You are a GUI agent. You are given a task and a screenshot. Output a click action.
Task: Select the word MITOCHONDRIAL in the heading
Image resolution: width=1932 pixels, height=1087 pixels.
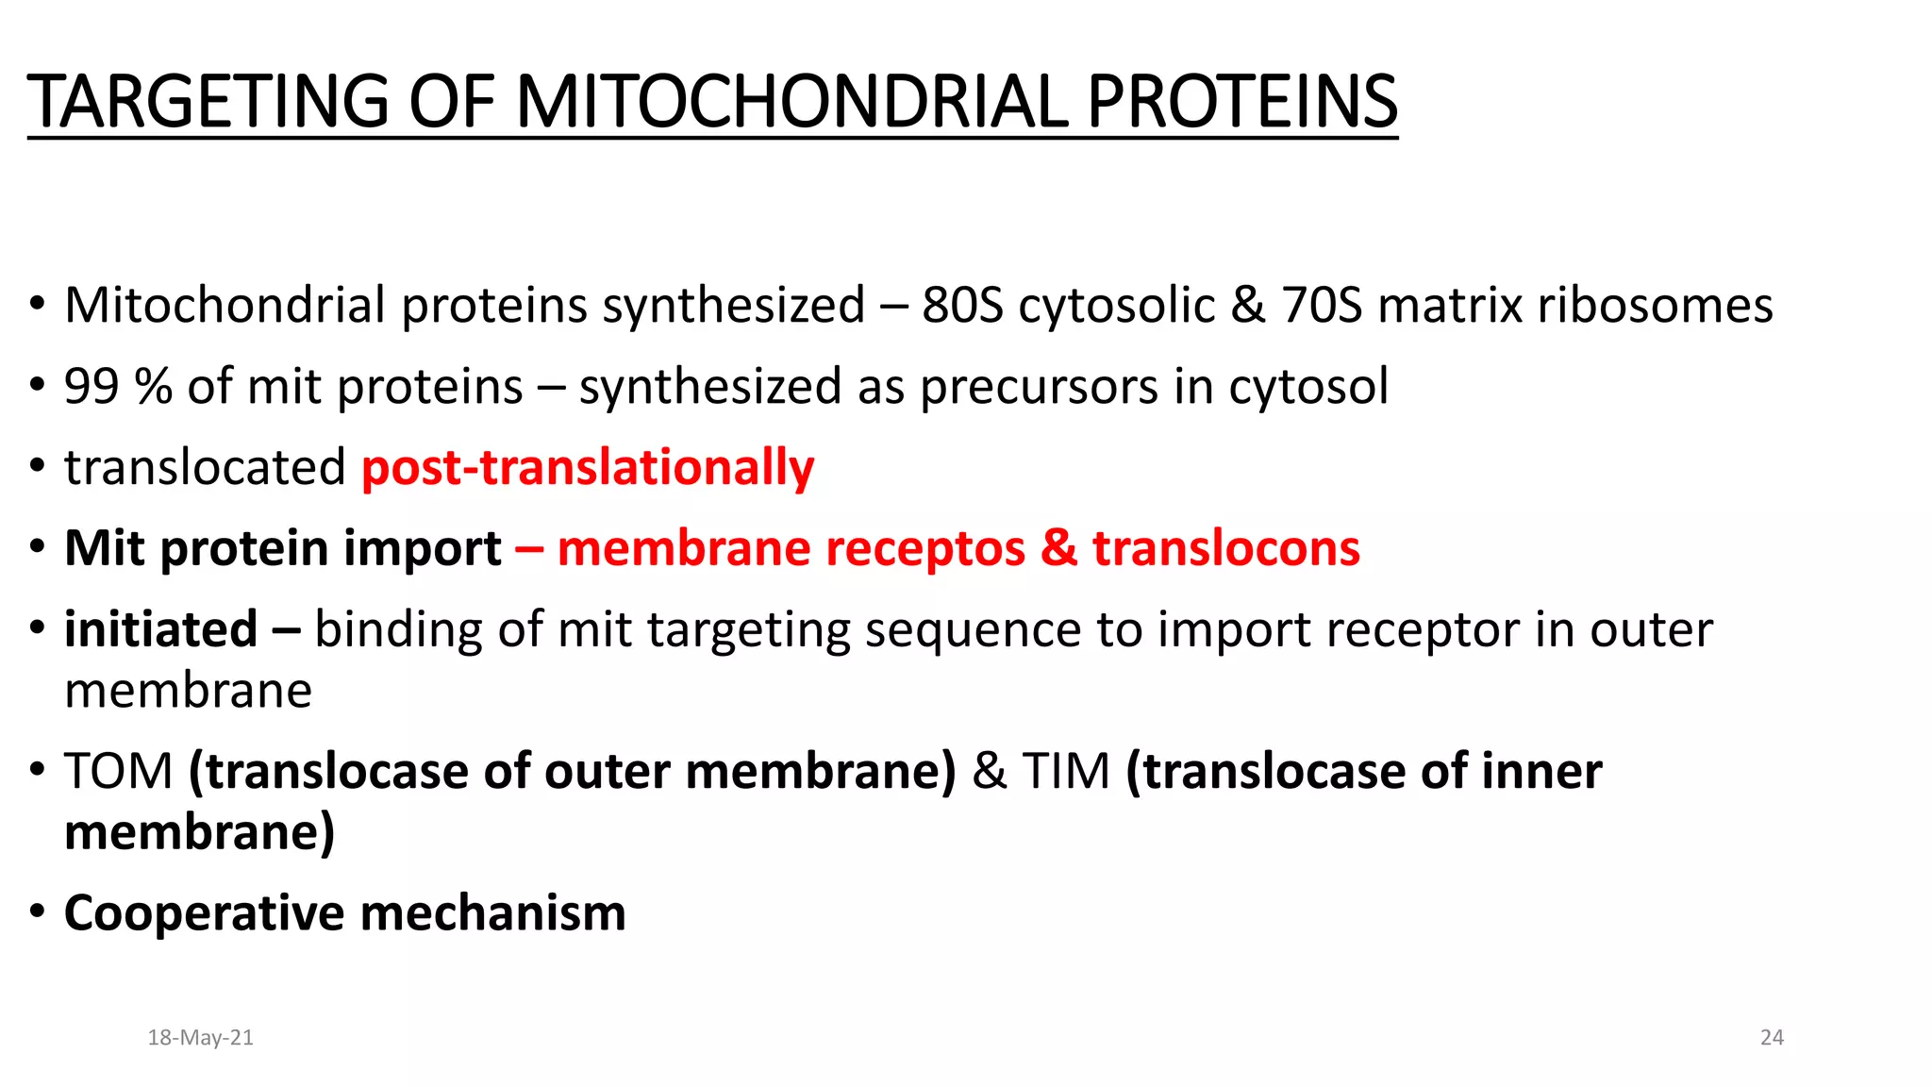point(792,102)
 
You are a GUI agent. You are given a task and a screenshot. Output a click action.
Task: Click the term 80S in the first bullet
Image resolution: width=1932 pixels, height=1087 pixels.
point(962,306)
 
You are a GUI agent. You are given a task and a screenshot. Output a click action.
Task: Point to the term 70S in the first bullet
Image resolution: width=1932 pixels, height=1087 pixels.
point(1322,306)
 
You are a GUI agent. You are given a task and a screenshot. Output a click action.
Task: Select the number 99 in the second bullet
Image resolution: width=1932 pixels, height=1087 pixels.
point(92,387)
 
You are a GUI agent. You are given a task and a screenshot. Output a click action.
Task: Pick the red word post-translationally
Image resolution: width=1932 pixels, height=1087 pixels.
point(588,468)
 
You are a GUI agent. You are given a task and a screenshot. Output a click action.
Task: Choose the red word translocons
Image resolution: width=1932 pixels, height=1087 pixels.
point(1226,548)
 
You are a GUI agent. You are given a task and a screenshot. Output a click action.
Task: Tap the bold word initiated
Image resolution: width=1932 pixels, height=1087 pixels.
point(160,629)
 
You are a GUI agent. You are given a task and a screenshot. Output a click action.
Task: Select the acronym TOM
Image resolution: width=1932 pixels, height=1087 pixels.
point(119,772)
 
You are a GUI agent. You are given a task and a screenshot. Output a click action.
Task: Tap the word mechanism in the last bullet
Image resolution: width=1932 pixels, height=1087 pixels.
point(492,914)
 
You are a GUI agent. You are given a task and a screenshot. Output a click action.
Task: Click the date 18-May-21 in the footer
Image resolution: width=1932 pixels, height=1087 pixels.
point(200,1038)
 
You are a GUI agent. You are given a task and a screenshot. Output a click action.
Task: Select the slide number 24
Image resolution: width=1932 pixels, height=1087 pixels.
point(1772,1038)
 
